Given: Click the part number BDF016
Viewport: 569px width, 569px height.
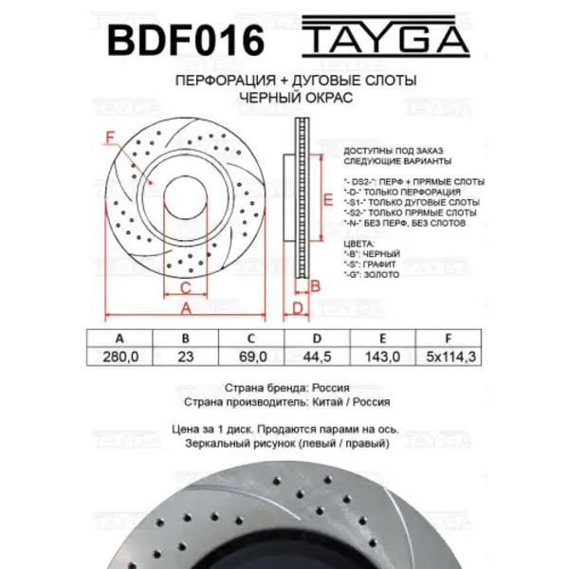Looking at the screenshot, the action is click(x=186, y=40).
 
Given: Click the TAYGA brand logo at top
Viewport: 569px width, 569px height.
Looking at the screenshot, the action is click(x=386, y=36).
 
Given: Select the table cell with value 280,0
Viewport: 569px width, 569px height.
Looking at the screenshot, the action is click(x=120, y=357).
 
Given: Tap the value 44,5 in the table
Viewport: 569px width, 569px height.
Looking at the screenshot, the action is click(x=317, y=357).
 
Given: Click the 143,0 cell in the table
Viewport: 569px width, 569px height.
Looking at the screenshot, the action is click(x=383, y=357).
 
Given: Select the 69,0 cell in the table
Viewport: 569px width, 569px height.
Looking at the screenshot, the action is click(x=252, y=357).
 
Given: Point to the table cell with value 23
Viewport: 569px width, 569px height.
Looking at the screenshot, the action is click(x=186, y=357).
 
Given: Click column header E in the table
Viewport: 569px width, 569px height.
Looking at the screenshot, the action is click(x=382, y=339).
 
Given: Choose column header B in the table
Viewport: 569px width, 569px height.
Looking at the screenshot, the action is click(x=186, y=339).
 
